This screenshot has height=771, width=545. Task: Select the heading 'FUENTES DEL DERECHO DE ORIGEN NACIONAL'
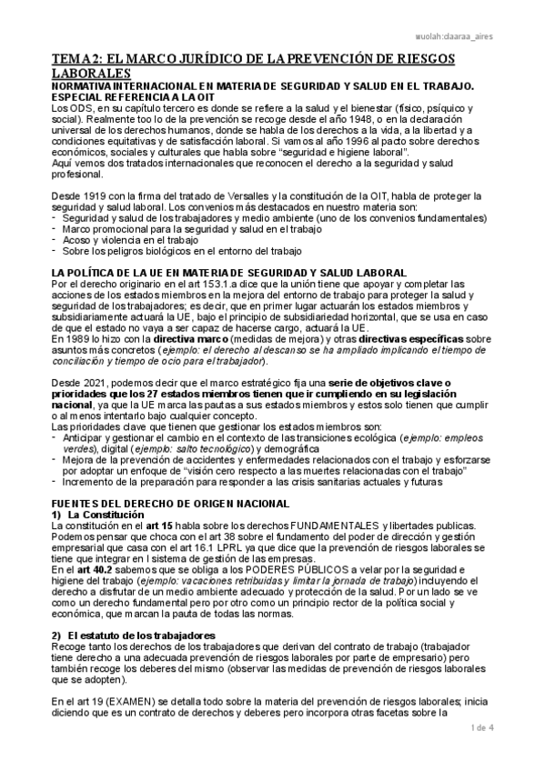[171, 504]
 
